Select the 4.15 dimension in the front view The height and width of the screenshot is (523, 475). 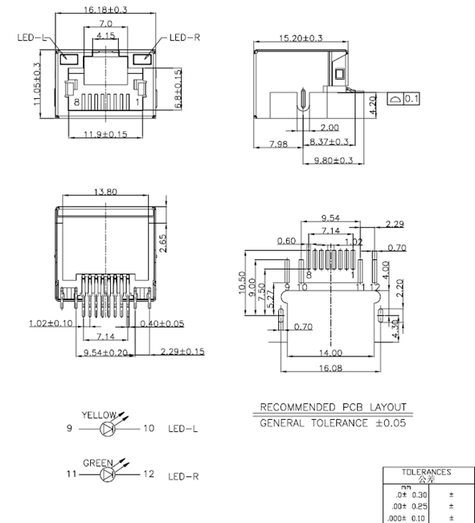coord(104,36)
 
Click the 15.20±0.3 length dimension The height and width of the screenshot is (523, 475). coord(300,38)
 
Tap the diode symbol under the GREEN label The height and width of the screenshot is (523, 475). coord(109,474)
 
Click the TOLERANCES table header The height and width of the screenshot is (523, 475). coord(426,474)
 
